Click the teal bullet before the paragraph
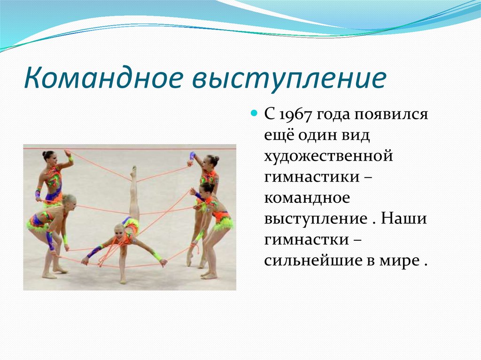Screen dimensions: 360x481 tap(254, 114)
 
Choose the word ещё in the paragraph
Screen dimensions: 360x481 tap(278, 136)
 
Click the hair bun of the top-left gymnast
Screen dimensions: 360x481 tap(45, 153)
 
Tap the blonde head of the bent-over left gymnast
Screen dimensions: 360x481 tap(69, 200)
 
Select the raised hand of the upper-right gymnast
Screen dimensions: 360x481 tap(192, 156)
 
